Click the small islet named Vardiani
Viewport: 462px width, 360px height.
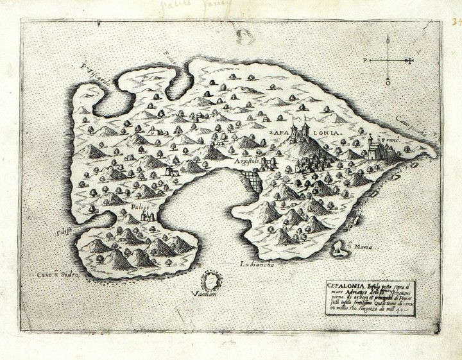click(209, 281)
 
